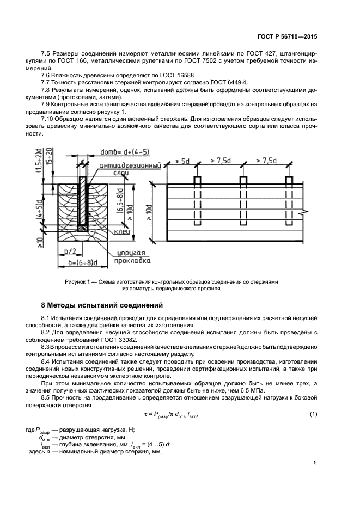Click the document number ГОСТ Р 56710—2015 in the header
(x=286, y=37)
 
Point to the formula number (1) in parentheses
(x=313, y=415)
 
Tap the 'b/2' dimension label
(x=69, y=252)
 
